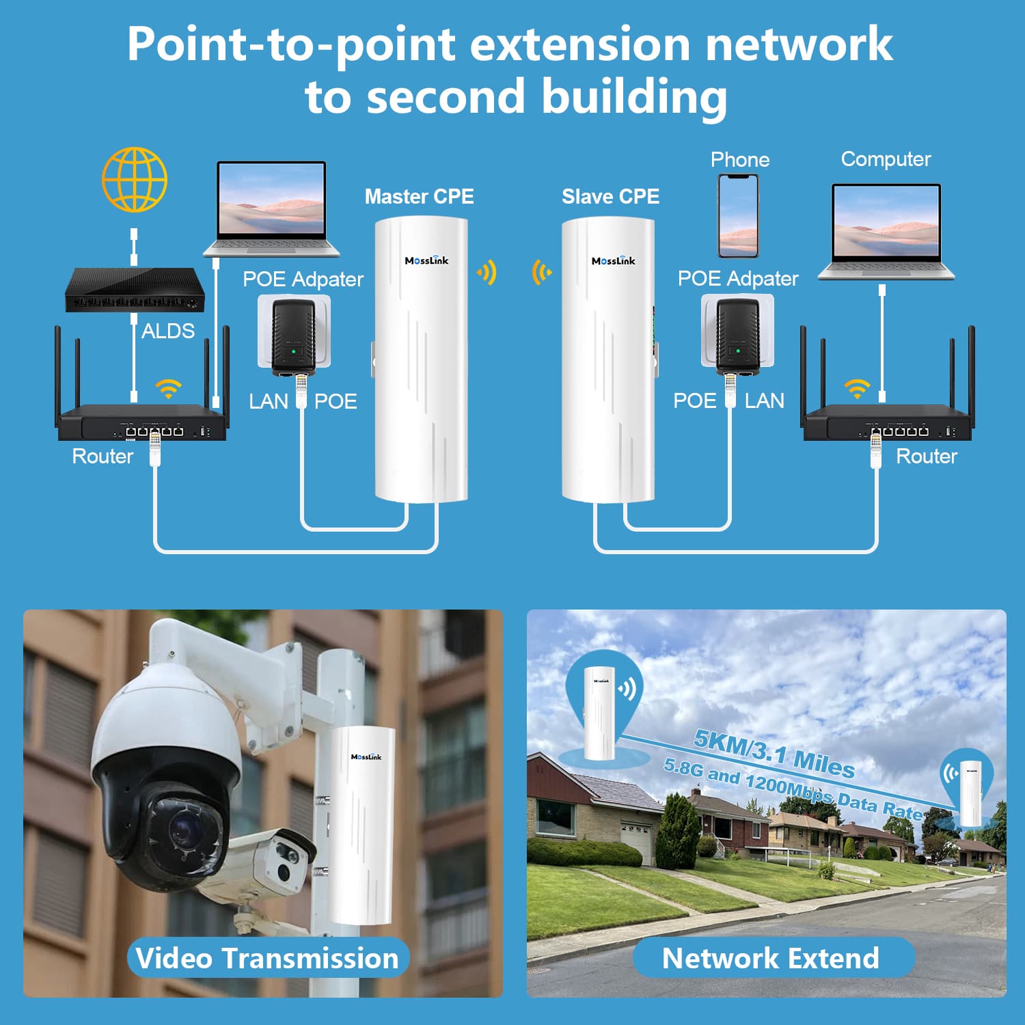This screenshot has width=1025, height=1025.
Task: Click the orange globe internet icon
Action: point(135,180)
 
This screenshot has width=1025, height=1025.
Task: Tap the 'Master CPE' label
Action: point(419,197)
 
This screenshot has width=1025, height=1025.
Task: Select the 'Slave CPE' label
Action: point(610,197)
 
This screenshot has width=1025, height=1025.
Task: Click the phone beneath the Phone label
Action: point(737,215)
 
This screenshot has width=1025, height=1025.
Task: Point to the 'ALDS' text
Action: point(168,331)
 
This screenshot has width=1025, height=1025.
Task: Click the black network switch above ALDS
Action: point(135,290)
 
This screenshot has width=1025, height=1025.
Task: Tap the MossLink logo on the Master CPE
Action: point(426,260)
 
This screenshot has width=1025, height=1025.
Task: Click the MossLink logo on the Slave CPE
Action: point(613,260)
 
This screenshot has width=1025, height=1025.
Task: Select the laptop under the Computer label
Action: point(886,231)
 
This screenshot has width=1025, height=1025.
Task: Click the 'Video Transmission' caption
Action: point(267,958)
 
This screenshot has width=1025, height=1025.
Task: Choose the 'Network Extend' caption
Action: point(771,958)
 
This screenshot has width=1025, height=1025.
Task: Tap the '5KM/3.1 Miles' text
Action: point(774,754)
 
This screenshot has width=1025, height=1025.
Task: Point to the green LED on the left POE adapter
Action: point(294,351)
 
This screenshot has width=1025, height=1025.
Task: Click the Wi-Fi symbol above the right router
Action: point(857,388)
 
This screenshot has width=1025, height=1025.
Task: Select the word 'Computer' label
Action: point(886,159)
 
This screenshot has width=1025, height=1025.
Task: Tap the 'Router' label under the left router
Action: point(102,456)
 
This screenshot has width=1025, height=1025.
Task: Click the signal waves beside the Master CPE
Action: point(487,273)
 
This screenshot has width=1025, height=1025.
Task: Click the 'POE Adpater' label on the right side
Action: point(737,279)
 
